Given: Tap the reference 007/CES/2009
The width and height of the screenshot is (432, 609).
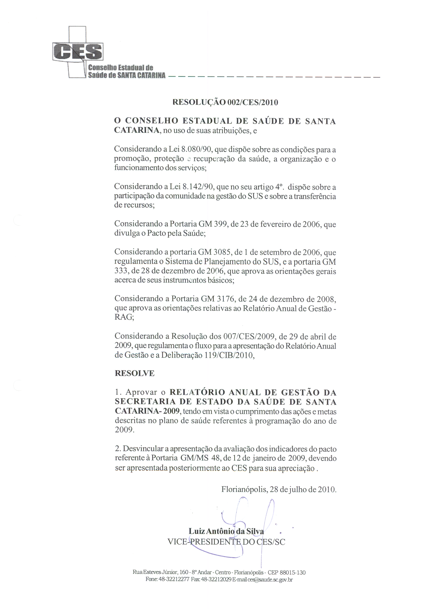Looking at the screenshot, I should coord(250,337).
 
